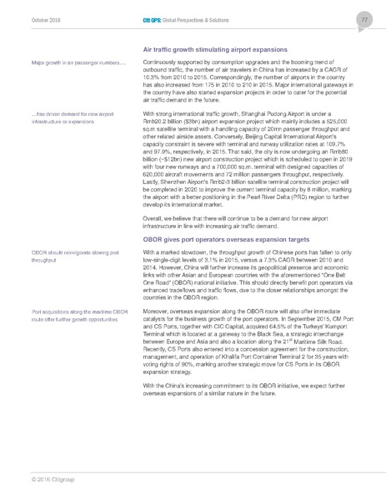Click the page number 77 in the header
pos(364,18)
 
